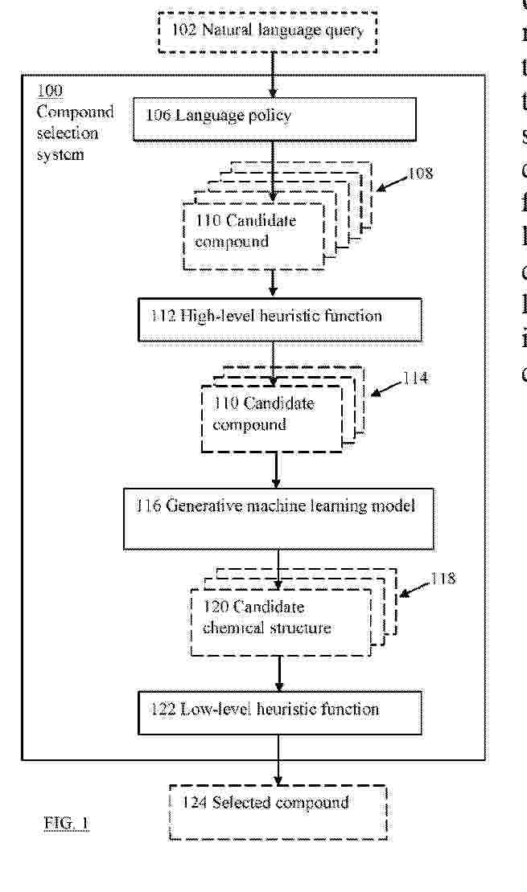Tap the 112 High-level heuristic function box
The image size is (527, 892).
pos(278,317)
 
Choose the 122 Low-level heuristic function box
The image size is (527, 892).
pos(279,711)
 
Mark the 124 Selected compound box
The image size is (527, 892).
pos(278,812)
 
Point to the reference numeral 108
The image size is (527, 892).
pos(419,172)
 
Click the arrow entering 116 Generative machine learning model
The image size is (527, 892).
pos(277,470)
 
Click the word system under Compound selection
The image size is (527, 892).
pos(60,154)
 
